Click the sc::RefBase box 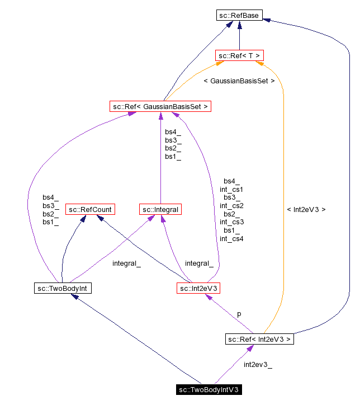pyautogui.click(x=239, y=16)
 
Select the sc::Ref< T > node pyautogui.click(x=239, y=55)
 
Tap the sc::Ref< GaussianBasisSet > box pyautogui.click(x=160, y=106)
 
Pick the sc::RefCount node pyautogui.click(x=89, y=210)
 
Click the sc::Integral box pyautogui.click(x=160, y=210)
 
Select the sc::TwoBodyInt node pyautogui.click(x=62, y=288)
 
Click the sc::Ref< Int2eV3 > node pyautogui.click(x=259, y=339)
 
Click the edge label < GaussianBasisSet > pyautogui.click(x=239, y=81)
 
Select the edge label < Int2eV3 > pyautogui.click(x=306, y=210)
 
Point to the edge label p pyautogui.click(x=239, y=314)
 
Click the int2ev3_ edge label pyautogui.click(x=258, y=365)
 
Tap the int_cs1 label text pyautogui.click(x=231, y=189)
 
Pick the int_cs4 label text pyautogui.click(x=231, y=239)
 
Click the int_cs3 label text pyautogui.click(x=231, y=222)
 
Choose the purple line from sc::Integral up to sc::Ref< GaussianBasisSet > pyautogui.click(x=160, y=168)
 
